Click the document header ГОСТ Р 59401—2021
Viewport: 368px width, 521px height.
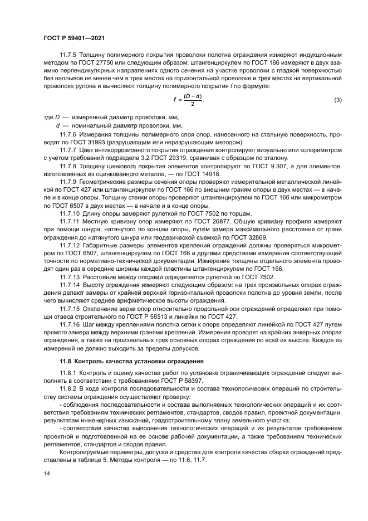74,37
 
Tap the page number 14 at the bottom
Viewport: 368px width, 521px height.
47,472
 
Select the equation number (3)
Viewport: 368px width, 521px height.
337,100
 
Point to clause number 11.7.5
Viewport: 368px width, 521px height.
68,55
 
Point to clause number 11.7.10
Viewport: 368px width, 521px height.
70,214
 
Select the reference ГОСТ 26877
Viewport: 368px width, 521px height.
205,222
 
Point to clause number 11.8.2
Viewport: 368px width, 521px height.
68,388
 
